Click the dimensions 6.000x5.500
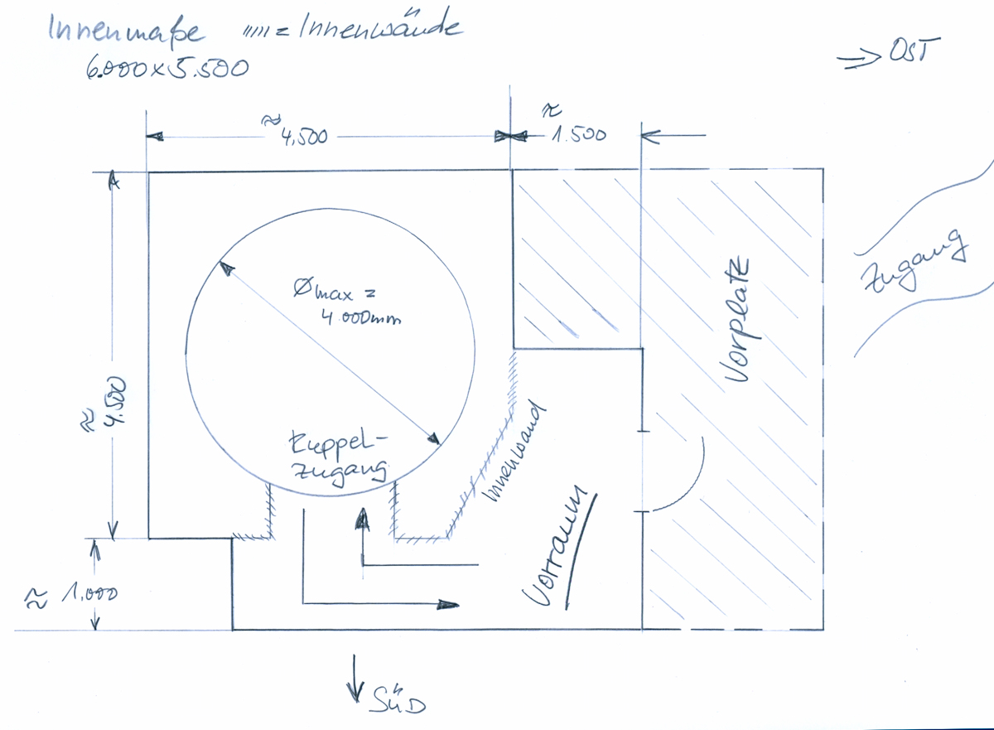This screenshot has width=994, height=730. tap(166, 68)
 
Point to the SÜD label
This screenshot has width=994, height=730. tap(398, 703)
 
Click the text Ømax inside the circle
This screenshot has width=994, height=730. tap(324, 291)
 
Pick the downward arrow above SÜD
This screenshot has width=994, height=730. tap(357, 676)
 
